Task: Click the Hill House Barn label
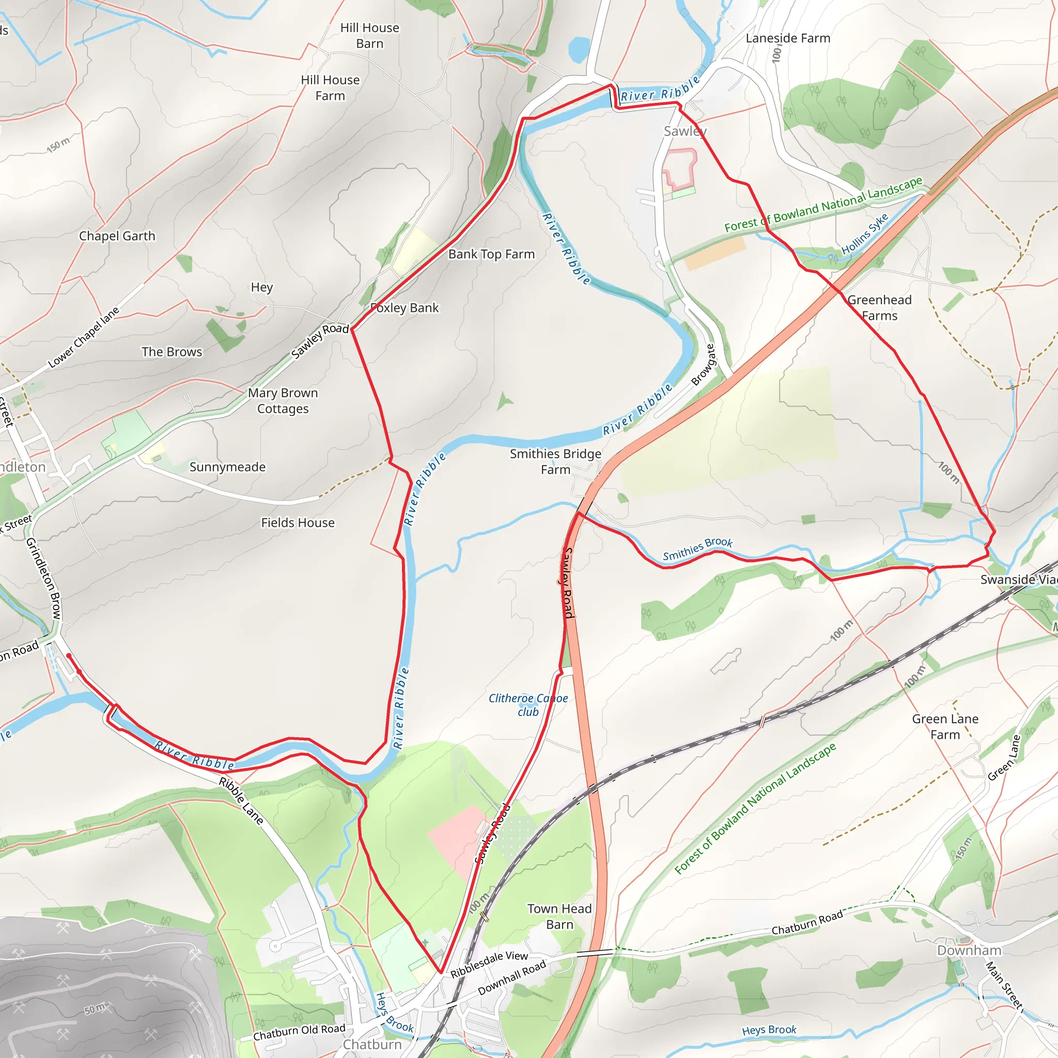(x=370, y=36)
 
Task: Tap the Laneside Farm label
(x=787, y=38)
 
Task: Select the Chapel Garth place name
(x=117, y=236)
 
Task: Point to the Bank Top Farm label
(x=491, y=254)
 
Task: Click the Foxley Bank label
(x=405, y=308)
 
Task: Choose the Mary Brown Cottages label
(x=283, y=401)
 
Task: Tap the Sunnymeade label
(x=227, y=467)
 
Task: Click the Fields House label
(x=298, y=523)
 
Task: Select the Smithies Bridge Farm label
(x=555, y=462)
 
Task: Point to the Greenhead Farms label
(x=879, y=308)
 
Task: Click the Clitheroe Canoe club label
(x=528, y=705)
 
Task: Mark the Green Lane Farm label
(x=945, y=727)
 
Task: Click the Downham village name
(x=969, y=950)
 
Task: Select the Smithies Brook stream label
(x=697, y=549)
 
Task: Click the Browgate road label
(x=704, y=365)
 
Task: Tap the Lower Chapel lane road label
(x=83, y=338)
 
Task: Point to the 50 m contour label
(x=95, y=1009)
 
